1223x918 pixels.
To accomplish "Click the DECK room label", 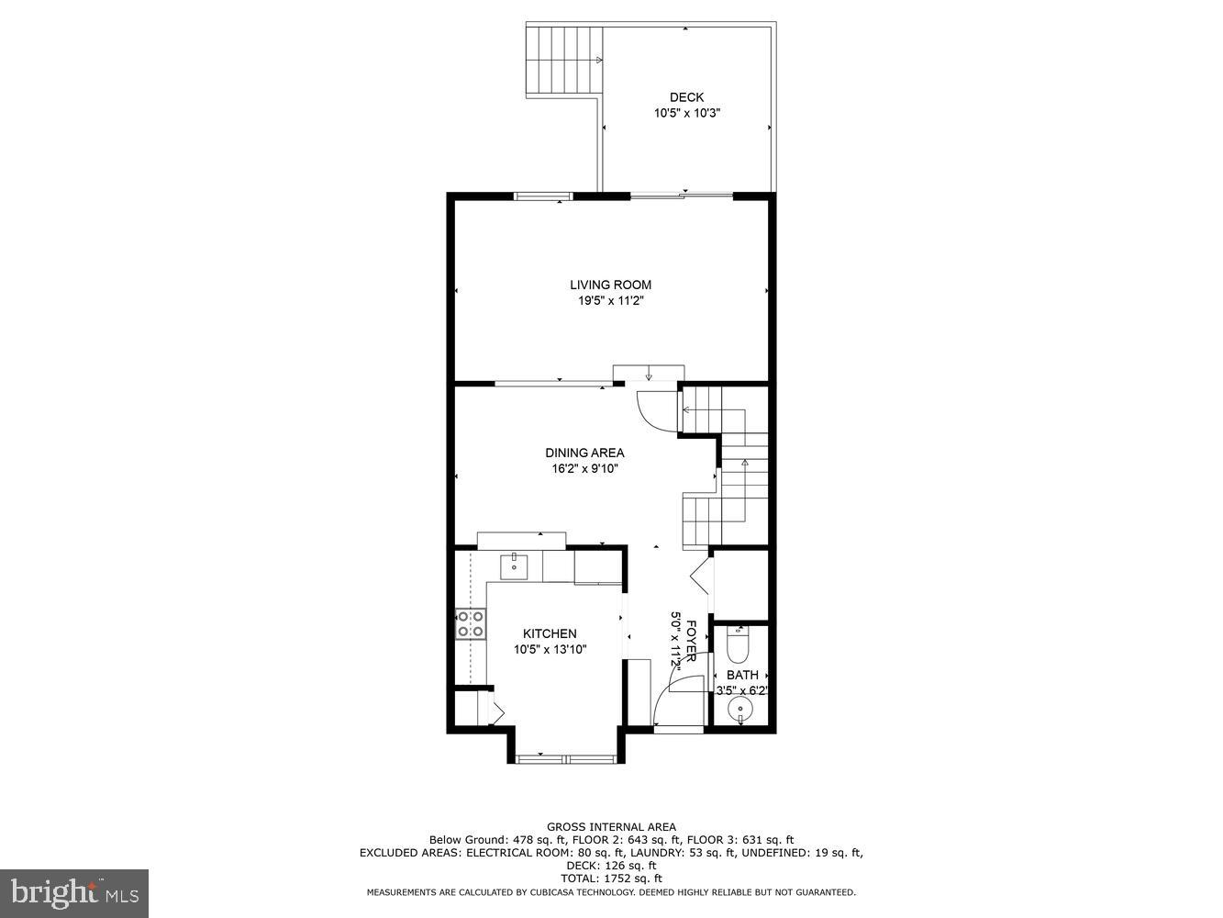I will [686, 97].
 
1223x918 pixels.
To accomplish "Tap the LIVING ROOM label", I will [610, 285].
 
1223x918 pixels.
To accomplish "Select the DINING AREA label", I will [584, 453].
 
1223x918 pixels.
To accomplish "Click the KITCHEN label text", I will [550, 633].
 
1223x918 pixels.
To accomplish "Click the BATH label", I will [742, 675].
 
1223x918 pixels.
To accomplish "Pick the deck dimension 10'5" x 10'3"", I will [686, 113].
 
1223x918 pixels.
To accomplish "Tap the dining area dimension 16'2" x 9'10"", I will [584, 468].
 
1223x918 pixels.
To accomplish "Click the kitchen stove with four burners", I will [470, 623].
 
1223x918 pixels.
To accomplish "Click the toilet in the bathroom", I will [738, 646].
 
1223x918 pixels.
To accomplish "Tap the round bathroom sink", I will [739, 711].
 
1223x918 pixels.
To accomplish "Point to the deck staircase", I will [562, 61].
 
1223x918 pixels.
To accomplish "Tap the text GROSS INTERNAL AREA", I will [611, 827].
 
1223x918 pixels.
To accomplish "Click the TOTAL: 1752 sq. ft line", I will [611, 879].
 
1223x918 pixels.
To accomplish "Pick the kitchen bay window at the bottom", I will [564, 758].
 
